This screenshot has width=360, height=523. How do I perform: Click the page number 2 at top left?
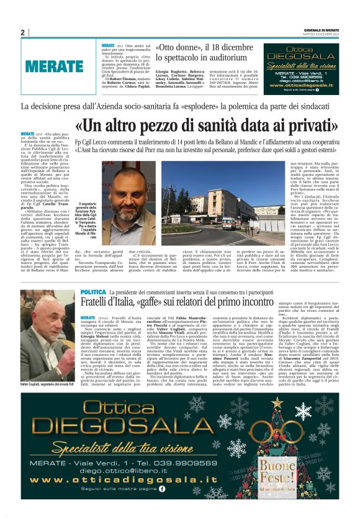pyautogui.click(x=22, y=33)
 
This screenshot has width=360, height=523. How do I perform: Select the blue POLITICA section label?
pyautogui.click(x=93, y=292)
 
